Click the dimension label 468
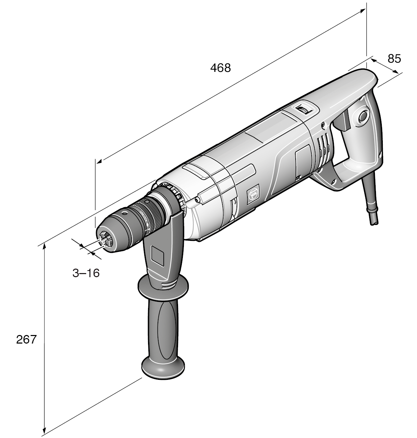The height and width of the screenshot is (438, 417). (220, 68)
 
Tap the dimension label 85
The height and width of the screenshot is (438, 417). (394, 59)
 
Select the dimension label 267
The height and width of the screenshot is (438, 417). (26, 339)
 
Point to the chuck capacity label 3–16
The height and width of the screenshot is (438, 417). (86, 273)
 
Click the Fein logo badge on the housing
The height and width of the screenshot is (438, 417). (254, 195)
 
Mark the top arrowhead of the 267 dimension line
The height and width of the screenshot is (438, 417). (44, 247)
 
